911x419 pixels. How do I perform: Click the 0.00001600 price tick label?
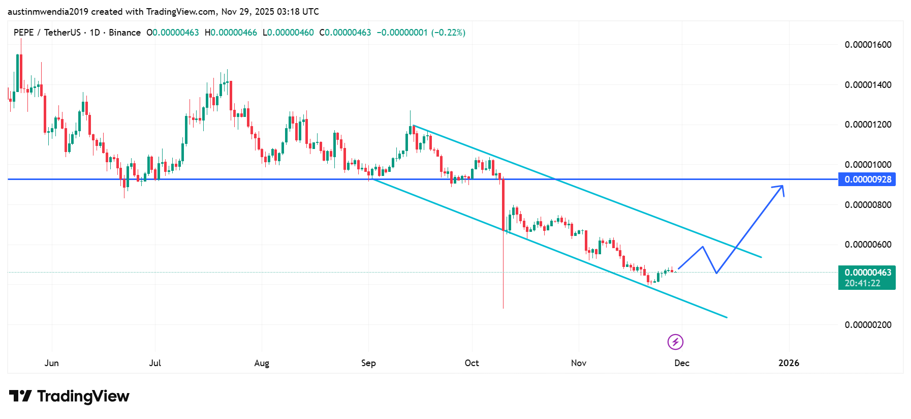pos(868,45)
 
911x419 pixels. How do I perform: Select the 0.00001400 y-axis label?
pos(868,85)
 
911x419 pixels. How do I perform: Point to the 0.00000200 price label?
pos(868,325)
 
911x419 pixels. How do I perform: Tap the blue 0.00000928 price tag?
pos(867,179)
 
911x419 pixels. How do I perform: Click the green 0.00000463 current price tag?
pos(867,273)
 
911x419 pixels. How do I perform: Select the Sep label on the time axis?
pos(368,363)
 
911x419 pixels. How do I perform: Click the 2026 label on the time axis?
pos(789,363)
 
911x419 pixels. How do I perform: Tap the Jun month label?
pos(51,363)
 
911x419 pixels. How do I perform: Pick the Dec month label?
pos(681,363)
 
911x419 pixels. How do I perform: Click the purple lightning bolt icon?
pos(675,342)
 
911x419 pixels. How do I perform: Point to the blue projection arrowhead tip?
pos(782,186)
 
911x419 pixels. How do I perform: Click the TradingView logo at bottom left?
pos(69,396)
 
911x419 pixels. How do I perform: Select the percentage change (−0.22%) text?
pos(448,33)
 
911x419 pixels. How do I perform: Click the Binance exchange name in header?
pos(124,33)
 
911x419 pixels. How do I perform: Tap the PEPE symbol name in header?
pos(23,33)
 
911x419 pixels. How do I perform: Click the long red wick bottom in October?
pos(503,308)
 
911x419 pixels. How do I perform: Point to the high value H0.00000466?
pos(231,33)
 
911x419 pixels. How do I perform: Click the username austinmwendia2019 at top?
pos(48,11)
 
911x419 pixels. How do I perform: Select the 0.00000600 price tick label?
pos(868,245)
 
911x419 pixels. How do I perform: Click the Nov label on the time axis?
pos(578,363)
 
